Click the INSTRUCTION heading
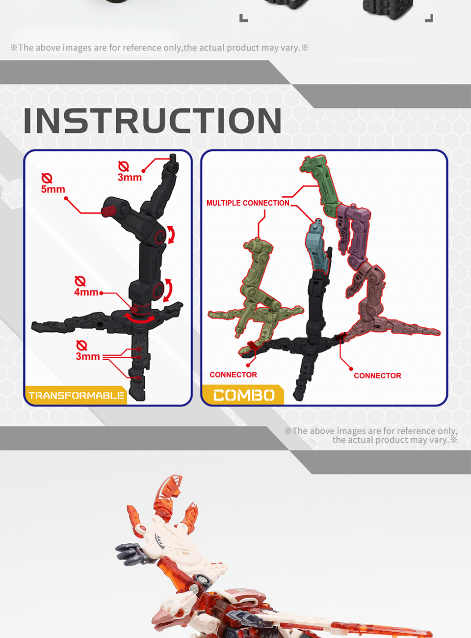tap(152, 121)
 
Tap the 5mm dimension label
tap(53, 189)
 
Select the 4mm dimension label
tap(86, 292)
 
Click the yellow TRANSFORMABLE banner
tap(76, 395)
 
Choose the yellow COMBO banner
tap(243, 395)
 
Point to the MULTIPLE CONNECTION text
tap(248, 203)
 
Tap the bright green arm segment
tap(320, 181)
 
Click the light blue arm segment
tap(317, 246)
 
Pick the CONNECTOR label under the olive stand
tap(233, 375)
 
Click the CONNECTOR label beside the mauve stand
tap(377, 375)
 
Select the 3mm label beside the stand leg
tap(88, 357)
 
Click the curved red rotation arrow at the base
tap(139, 319)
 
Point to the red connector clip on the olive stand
tap(252, 345)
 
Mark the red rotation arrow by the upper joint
tap(171, 235)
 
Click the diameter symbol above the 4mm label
tap(80, 281)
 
